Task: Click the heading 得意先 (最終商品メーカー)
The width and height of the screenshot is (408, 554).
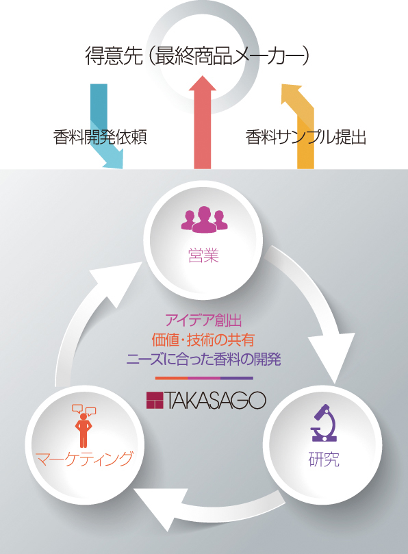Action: tap(197, 56)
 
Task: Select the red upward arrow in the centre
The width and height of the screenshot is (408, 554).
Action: tap(203, 122)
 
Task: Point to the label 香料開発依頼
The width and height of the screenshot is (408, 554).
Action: tap(100, 137)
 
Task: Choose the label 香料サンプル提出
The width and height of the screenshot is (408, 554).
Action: tap(306, 137)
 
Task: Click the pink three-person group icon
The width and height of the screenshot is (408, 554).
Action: tap(205, 219)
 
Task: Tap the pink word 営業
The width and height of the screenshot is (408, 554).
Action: tap(203, 255)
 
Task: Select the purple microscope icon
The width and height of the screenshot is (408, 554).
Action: tap(324, 423)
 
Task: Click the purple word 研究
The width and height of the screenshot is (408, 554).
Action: tap(324, 459)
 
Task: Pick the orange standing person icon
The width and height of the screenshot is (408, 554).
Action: tap(84, 426)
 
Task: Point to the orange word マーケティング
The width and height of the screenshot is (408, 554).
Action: tap(85, 459)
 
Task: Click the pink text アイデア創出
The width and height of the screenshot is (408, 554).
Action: tap(203, 320)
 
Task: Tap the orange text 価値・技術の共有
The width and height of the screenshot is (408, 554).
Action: tap(203, 340)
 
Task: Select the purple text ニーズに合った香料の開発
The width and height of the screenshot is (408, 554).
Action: tap(204, 360)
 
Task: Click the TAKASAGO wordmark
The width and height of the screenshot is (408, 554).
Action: tap(215, 401)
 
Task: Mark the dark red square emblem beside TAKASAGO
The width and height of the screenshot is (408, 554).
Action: tap(155, 401)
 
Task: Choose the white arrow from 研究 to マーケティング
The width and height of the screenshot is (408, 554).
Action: tap(208, 509)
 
